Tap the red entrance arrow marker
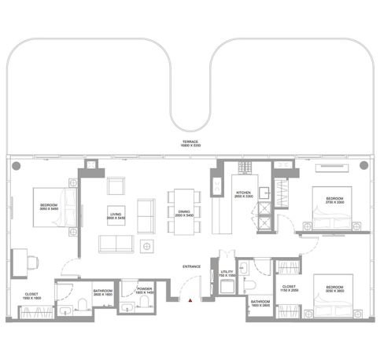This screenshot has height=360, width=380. pos(190,299)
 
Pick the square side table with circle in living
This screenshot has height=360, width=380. pos(146,246)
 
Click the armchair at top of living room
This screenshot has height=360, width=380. pos(116,186)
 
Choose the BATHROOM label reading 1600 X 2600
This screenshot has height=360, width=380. pos(261,303)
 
